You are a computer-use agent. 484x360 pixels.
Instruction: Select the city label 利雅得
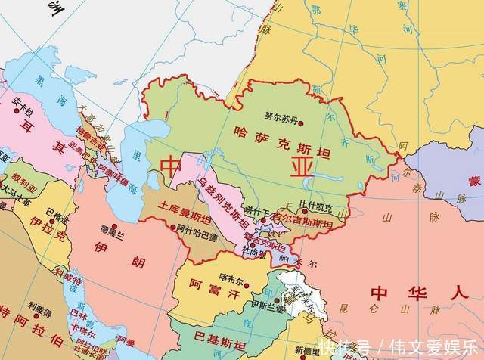(x=40, y=306)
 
